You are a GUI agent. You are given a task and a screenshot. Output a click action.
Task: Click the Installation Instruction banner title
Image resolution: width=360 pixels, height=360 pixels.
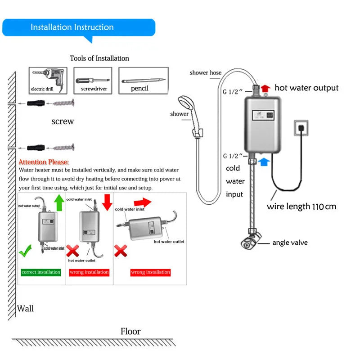[x=72, y=27]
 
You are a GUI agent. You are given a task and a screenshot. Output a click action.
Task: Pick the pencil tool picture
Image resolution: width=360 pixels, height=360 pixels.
[x=143, y=81]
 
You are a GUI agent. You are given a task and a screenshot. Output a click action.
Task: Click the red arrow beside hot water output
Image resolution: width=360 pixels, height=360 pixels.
[x=265, y=88]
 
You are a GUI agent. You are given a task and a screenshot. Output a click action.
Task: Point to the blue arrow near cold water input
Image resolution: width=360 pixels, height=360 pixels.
[x=265, y=161]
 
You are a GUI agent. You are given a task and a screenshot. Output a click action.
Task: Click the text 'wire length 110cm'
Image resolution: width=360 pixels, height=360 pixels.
[x=301, y=207]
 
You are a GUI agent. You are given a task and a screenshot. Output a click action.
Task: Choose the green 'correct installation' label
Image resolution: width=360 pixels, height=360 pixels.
[x=41, y=272]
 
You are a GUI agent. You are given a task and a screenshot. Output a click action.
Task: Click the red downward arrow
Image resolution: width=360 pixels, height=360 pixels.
[x=107, y=202]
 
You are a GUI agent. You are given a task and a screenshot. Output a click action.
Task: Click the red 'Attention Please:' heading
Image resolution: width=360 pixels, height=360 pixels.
[x=44, y=162]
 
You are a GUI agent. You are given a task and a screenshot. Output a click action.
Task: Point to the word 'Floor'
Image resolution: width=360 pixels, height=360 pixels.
[x=130, y=332]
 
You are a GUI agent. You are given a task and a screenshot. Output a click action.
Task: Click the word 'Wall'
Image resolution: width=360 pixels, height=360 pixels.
[x=25, y=309]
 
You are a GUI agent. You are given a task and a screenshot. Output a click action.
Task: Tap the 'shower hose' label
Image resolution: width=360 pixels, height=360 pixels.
[x=205, y=72]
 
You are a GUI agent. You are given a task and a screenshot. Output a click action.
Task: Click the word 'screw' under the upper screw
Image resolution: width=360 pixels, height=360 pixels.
[x=63, y=121]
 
